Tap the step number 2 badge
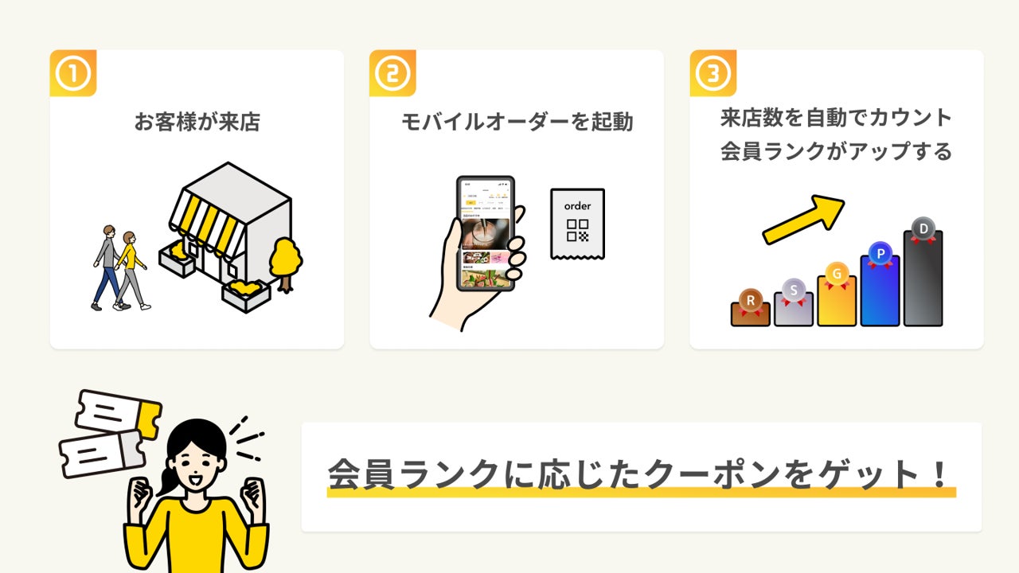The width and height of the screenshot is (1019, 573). click(392, 73)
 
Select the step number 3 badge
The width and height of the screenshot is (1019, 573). click(712, 73)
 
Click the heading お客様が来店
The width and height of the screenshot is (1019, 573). click(197, 122)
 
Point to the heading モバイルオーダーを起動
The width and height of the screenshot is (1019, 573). click(517, 122)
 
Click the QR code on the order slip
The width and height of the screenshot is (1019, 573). click(577, 230)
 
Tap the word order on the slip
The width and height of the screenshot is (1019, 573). click(577, 206)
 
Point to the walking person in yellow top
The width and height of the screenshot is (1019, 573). click(129, 269)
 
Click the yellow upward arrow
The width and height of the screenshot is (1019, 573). click(802, 220)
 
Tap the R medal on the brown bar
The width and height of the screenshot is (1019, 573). click(750, 301)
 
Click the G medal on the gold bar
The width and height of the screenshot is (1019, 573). click(836, 274)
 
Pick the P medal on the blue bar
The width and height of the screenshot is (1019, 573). click(880, 254)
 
